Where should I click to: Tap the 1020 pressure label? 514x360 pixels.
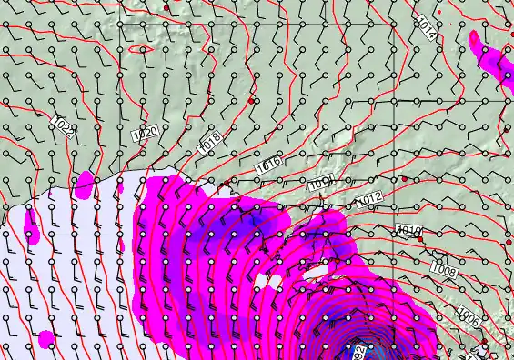click(145, 134)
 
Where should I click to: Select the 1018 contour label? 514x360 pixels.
click(210, 141)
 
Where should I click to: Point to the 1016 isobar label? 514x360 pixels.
click(267, 165)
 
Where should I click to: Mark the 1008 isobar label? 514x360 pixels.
click(444, 270)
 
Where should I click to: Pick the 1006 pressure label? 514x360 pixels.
click(469, 317)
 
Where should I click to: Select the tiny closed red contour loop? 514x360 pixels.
click(141, 48)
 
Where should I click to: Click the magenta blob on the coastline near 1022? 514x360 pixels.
click(85, 185)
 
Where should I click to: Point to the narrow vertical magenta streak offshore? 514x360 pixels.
click(32, 227)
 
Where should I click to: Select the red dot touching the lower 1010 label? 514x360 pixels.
click(419, 239)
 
